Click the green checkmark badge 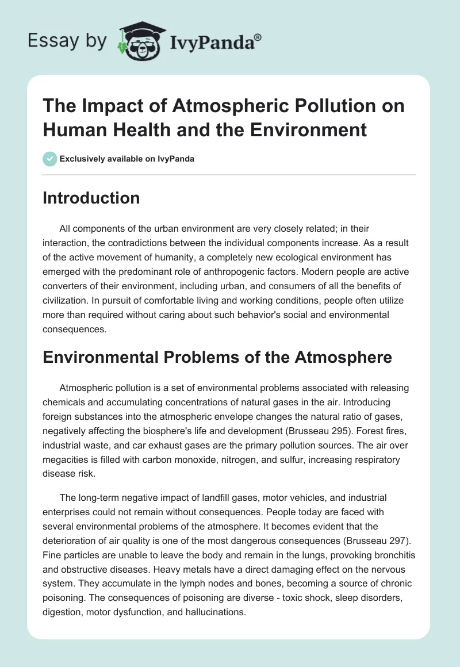[x=50, y=159]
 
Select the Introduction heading [x=91, y=198]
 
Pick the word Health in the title [x=134, y=129]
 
